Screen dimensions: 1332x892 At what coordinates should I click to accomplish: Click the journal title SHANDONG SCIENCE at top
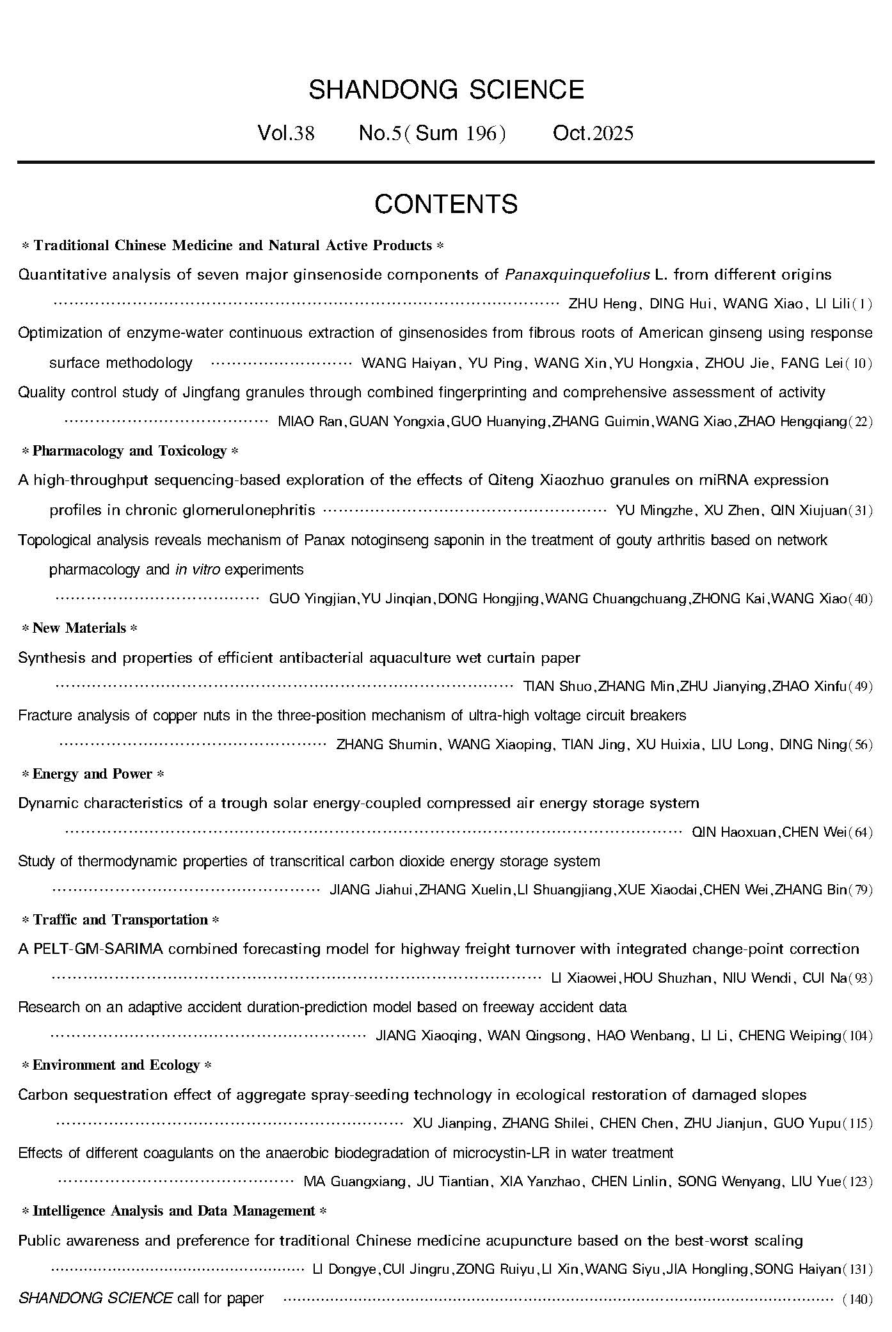(446, 90)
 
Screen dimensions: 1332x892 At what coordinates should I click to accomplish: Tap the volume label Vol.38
(285, 133)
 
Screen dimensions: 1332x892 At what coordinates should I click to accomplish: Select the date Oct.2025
(593, 133)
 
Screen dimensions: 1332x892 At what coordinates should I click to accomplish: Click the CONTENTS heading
(446, 204)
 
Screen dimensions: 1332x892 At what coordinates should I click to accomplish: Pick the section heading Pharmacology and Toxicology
(130, 451)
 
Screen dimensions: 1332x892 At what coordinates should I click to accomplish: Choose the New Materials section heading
(79, 628)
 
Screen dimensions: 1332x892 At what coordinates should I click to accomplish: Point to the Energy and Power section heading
(93, 774)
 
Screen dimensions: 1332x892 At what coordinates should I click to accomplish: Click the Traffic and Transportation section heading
(120, 920)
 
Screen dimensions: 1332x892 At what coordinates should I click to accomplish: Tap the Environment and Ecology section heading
(116, 1065)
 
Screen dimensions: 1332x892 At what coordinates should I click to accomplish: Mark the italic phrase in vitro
(197, 569)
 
